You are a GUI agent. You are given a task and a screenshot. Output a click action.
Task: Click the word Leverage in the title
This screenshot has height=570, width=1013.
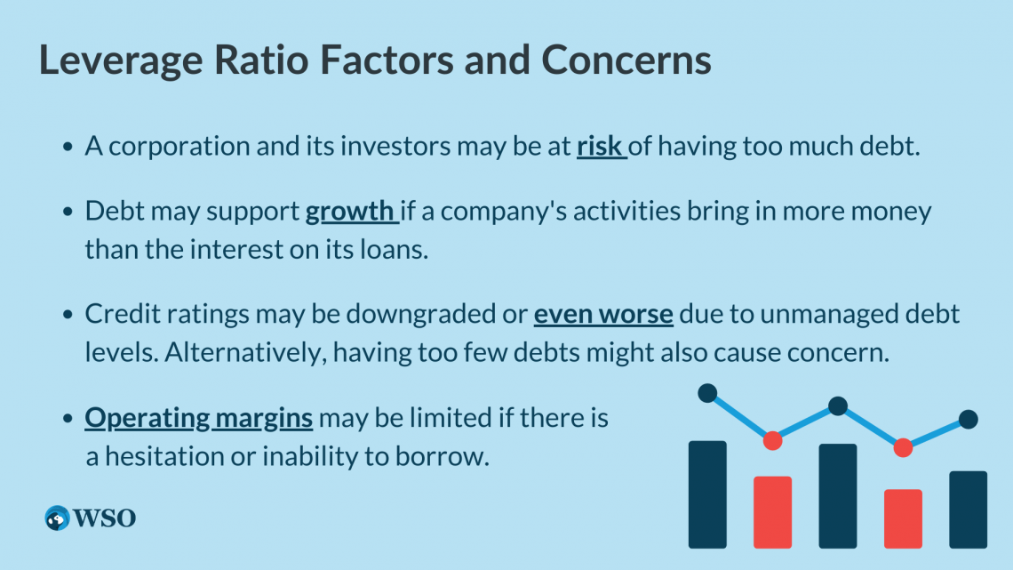(x=121, y=61)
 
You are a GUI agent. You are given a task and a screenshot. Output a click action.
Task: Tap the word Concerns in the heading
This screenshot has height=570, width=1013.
(x=626, y=60)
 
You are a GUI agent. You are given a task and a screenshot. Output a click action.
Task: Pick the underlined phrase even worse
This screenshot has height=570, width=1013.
(x=603, y=314)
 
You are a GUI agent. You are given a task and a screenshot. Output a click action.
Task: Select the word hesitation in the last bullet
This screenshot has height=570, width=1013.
(x=164, y=456)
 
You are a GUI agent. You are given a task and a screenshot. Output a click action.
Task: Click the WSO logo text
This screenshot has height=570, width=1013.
(x=104, y=518)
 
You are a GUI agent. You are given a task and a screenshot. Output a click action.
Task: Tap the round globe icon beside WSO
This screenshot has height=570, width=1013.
(x=57, y=518)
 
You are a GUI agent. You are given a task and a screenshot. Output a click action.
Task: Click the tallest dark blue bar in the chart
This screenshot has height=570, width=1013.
(x=707, y=494)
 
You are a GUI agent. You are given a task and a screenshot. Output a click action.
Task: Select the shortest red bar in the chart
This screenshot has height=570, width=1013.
(x=903, y=518)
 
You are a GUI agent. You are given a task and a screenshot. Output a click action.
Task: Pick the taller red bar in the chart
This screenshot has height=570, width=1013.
(x=773, y=512)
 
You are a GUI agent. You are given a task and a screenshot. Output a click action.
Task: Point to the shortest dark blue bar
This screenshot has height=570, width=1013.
(x=968, y=510)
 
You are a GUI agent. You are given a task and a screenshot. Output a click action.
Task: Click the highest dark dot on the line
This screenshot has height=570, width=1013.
(x=707, y=393)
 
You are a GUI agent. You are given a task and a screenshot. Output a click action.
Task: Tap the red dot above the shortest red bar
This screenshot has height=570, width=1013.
(x=903, y=447)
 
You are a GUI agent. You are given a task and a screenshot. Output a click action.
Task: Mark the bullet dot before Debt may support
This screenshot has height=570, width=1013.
(x=68, y=212)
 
